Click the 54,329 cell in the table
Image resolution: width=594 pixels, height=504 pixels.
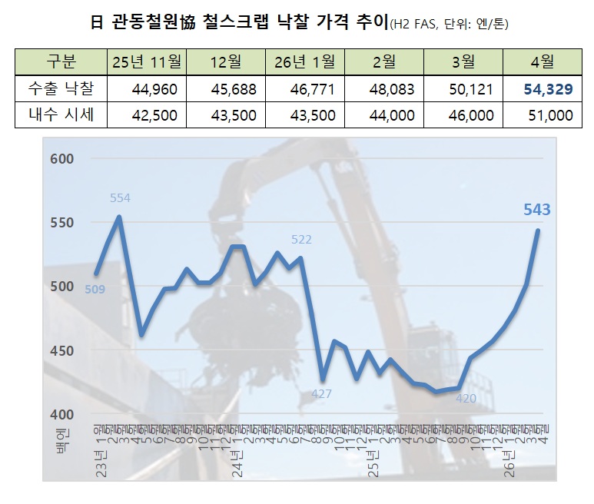pyautogui.click(x=548, y=89)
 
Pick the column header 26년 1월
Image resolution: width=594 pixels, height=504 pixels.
pyautogui.click(x=304, y=61)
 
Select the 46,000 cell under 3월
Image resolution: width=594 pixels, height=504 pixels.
pyautogui.click(x=470, y=115)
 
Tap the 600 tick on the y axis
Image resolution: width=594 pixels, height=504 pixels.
pyautogui.click(x=63, y=159)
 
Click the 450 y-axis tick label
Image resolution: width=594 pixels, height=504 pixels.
pyautogui.click(x=63, y=351)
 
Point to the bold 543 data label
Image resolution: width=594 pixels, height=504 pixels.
pyautogui.click(x=536, y=209)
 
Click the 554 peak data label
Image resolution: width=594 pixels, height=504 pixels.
pyautogui.click(x=120, y=198)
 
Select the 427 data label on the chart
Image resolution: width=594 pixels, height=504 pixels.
pyautogui.click(x=321, y=394)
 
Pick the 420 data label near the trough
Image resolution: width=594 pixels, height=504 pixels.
pyautogui.click(x=466, y=398)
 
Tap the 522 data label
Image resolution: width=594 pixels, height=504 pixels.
pyautogui.click(x=301, y=240)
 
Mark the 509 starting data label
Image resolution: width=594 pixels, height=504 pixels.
pyautogui.click(x=95, y=289)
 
